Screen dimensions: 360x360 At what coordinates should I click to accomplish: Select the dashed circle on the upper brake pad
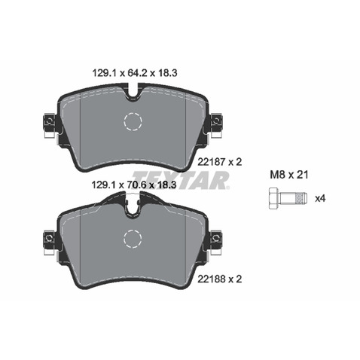[133, 122]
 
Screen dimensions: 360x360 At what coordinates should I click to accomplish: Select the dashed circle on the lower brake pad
[133, 239]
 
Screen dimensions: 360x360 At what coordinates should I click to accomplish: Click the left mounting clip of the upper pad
[47, 122]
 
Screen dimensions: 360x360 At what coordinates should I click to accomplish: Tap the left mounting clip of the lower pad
[47, 239]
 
